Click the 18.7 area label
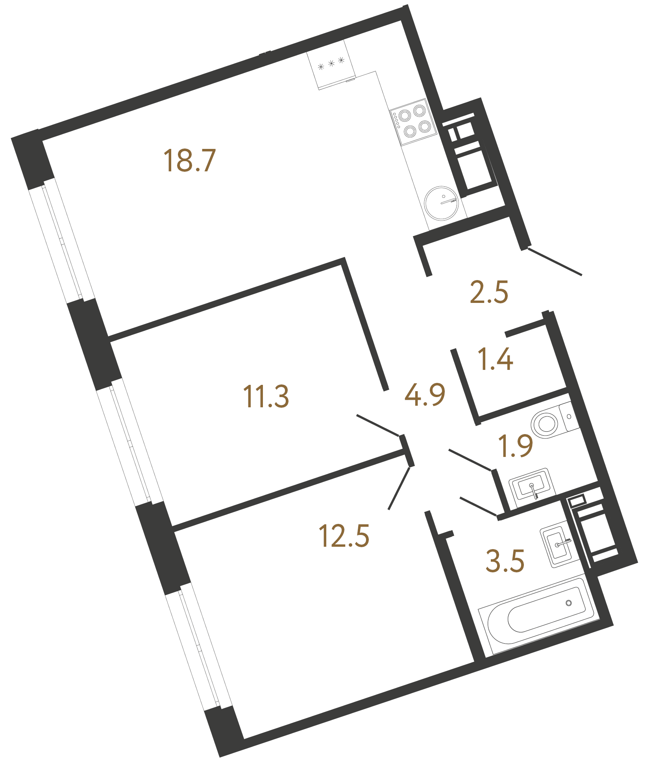point(190,161)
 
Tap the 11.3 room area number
point(266,396)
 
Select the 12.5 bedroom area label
point(344,536)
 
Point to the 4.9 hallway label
point(425,394)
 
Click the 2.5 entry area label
point(489,292)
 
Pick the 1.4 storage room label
point(495,359)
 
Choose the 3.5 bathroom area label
point(505,561)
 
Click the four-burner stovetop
point(413,122)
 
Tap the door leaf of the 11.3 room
point(378,425)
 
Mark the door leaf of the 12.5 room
point(399,488)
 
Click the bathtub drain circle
point(568,603)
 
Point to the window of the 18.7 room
point(62,240)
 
